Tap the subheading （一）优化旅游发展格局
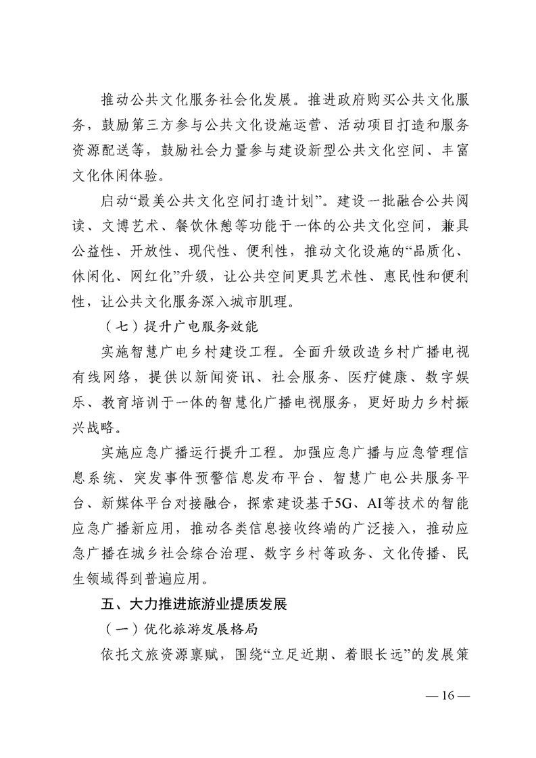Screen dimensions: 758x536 coord(182,628)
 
